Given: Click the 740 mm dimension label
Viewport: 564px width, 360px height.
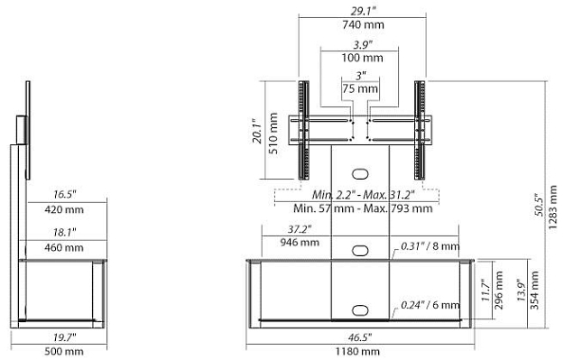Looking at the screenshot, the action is tap(363, 25).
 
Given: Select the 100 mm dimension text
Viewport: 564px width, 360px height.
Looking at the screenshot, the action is tap(362, 58).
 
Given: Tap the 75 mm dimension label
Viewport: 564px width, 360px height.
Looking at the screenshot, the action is tap(360, 88).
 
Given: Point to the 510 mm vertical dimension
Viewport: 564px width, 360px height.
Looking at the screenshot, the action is tap(273, 134).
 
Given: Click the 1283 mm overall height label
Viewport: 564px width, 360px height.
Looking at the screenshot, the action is tap(553, 208).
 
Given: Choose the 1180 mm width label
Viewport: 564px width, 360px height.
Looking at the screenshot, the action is tap(357, 351).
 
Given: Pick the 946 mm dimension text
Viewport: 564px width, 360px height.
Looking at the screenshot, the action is tap(300, 242).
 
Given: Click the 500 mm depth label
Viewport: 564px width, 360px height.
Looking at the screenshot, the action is tap(64, 351).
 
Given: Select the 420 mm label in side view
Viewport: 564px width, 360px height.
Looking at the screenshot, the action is tap(64, 209).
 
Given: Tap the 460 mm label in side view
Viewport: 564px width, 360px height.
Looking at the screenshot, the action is tap(64, 247).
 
